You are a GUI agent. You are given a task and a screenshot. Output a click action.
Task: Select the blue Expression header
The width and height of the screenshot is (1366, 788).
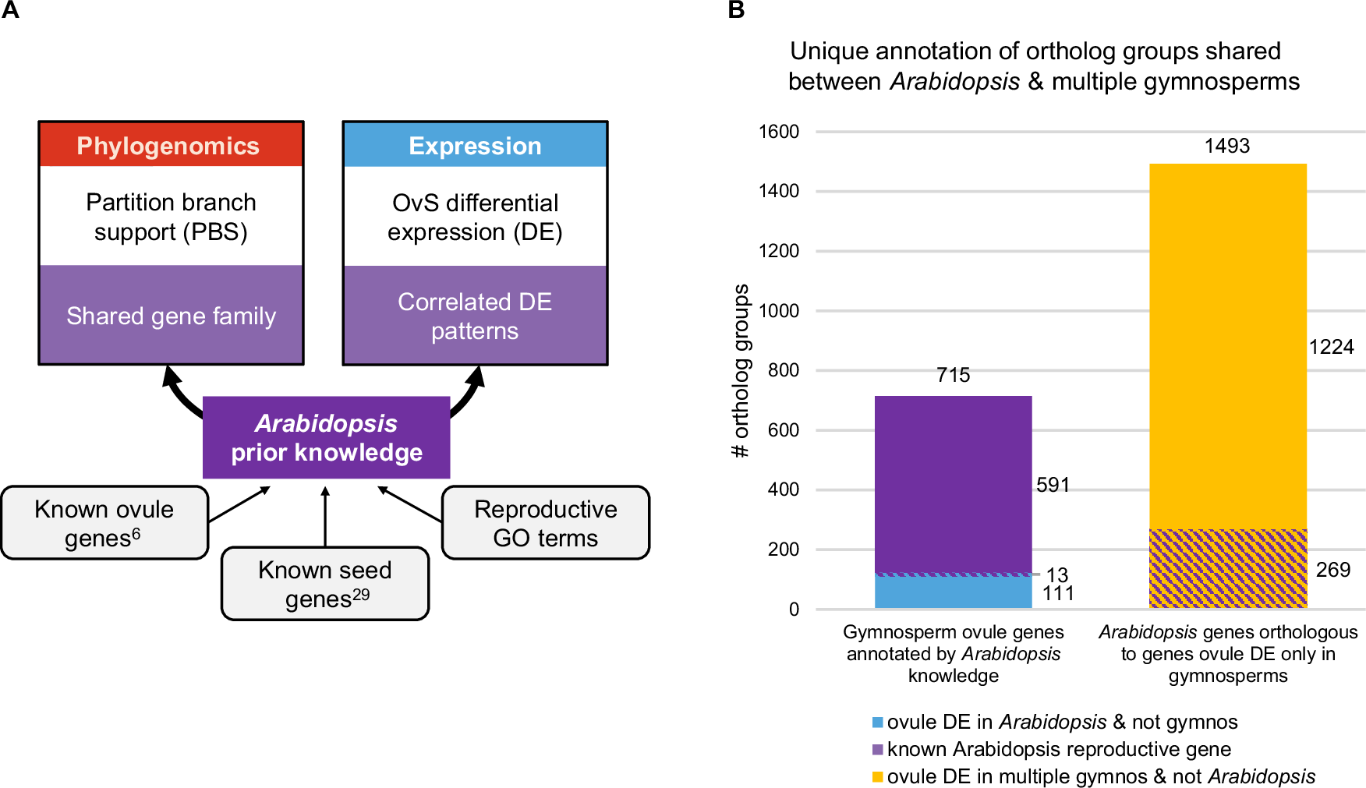point(475,146)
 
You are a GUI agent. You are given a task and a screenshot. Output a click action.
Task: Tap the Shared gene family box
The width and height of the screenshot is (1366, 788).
point(171,316)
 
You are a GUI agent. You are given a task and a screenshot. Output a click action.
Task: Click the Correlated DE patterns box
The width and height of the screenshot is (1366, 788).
point(475,316)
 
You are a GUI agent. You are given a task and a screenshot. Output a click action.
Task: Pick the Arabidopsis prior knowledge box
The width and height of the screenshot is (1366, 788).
point(326,438)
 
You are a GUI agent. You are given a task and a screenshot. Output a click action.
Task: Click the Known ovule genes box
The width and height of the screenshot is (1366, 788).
point(104,523)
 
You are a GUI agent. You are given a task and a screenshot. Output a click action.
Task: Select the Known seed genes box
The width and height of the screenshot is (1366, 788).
point(325,584)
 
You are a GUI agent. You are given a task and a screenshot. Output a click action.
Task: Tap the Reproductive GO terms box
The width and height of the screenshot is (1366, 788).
point(546,523)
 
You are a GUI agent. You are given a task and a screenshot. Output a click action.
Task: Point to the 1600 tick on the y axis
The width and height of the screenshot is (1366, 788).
point(779,132)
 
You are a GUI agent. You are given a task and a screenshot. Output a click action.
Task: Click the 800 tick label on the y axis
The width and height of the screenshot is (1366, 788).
point(783,370)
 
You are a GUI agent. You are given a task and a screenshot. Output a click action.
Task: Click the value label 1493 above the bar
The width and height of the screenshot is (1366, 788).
point(1227,146)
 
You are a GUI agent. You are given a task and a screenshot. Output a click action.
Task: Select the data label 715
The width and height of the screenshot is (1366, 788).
point(953,375)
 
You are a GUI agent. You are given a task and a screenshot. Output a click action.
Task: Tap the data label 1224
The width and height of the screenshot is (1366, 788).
point(1331,347)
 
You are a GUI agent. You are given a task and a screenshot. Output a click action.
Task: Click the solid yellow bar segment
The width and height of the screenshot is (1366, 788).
point(1228,343)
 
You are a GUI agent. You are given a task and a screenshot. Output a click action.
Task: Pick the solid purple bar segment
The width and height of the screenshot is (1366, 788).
point(953,483)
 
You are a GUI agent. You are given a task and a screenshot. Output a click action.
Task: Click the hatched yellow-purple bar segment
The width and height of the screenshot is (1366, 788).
point(1228,569)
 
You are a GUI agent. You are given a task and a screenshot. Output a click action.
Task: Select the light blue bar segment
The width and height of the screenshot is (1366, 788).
point(953,592)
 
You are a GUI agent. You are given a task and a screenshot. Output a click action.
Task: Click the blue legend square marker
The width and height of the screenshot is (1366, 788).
point(878,723)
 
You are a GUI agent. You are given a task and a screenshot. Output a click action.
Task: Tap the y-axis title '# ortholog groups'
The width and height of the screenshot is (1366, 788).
point(741,370)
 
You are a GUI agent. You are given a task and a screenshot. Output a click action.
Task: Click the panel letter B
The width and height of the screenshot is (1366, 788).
point(736,10)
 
